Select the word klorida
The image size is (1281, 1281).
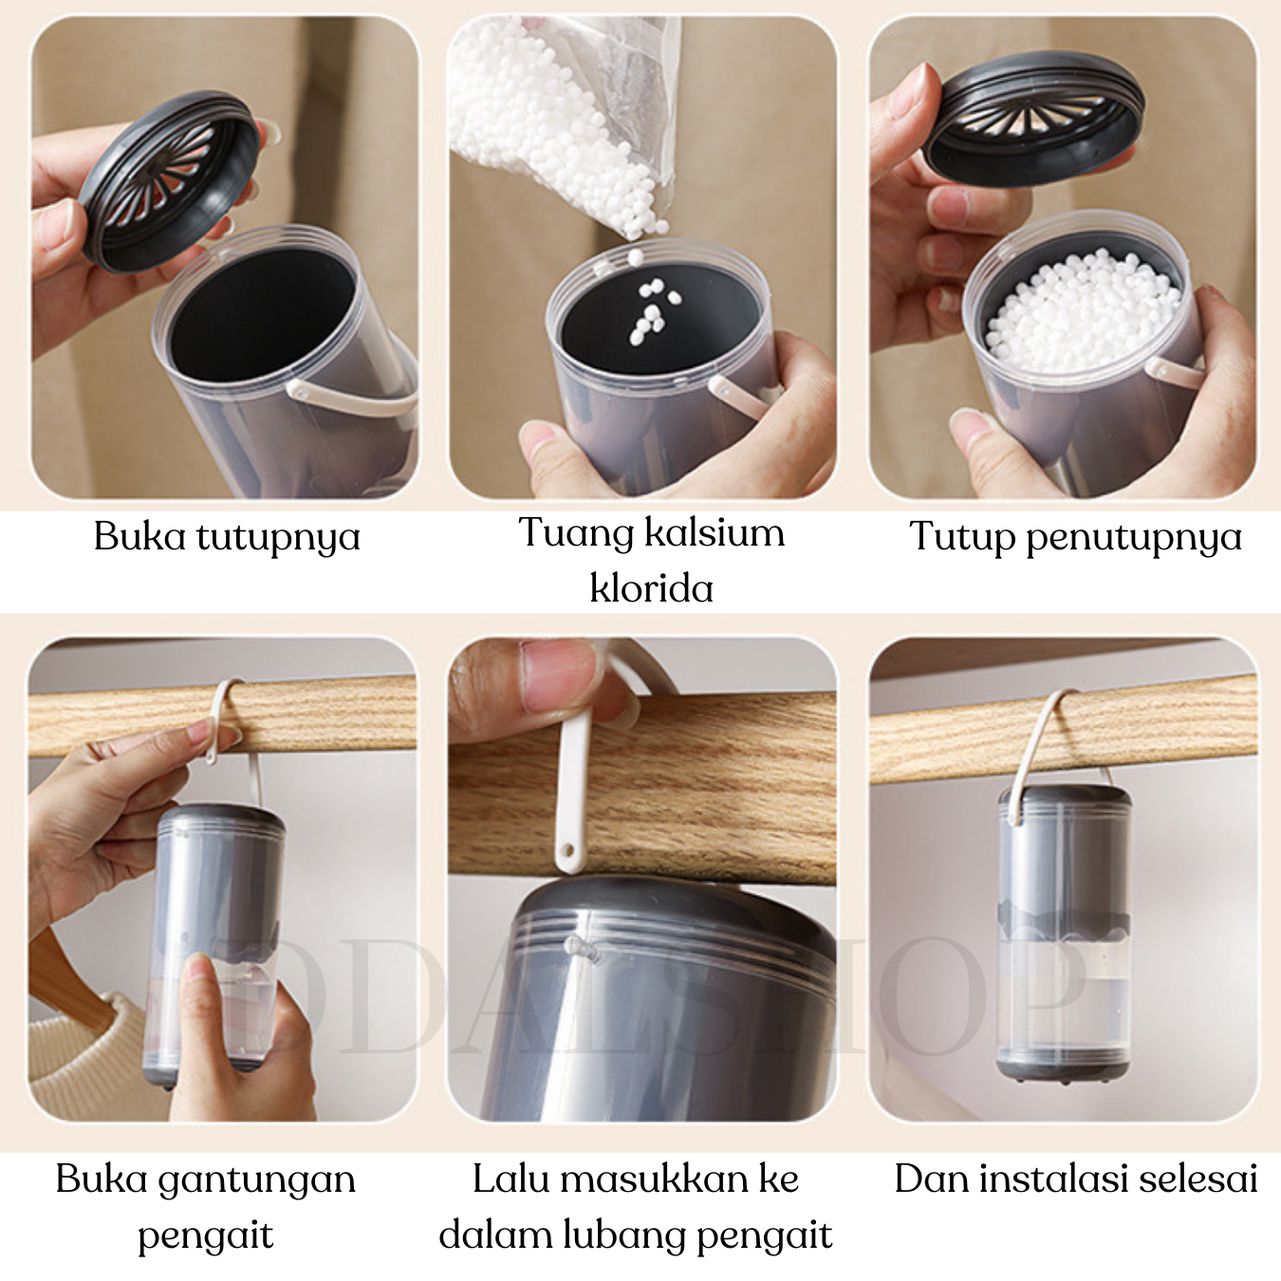tap(652, 587)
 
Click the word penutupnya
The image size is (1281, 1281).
tap(1133, 538)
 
